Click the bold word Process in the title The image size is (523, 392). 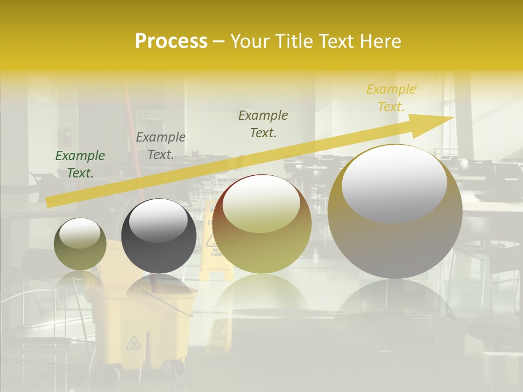[x=171, y=41]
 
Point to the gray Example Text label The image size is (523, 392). [x=161, y=146]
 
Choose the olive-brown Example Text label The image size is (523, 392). [x=263, y=124]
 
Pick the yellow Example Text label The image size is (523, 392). [x=391, y=98]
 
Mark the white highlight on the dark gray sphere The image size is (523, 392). [x=159, y=220]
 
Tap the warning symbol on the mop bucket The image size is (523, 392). [x=134, y=343]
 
